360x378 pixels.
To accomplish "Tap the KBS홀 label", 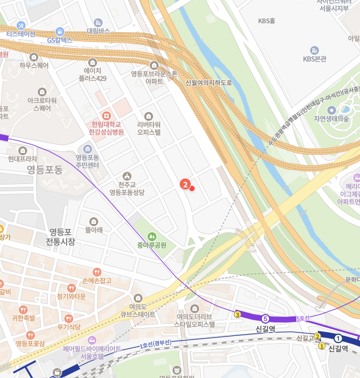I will point(266,21).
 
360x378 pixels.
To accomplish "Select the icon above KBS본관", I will point(315,50).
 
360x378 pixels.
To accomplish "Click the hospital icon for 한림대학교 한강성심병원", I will point(107,115).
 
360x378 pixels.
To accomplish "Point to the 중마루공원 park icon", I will point(152,237).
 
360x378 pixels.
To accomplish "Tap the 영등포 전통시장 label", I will point(61,237).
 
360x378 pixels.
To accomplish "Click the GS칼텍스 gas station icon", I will point(60,32).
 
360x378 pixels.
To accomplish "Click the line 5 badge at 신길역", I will point(265,318).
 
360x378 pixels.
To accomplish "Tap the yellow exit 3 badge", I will point(237,315).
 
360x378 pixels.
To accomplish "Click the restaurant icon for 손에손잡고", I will point(97,272).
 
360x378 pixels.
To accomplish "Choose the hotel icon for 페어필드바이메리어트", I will point(92,339).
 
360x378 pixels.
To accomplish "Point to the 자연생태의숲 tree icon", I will point(331,109).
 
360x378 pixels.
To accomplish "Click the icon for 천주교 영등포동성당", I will point(127,176).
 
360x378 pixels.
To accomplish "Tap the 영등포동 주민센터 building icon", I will point(88,149).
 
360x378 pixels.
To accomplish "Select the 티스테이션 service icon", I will point(21,25).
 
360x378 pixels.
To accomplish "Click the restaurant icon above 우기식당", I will point(69,319).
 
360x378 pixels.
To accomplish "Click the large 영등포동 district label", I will point(45,170).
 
